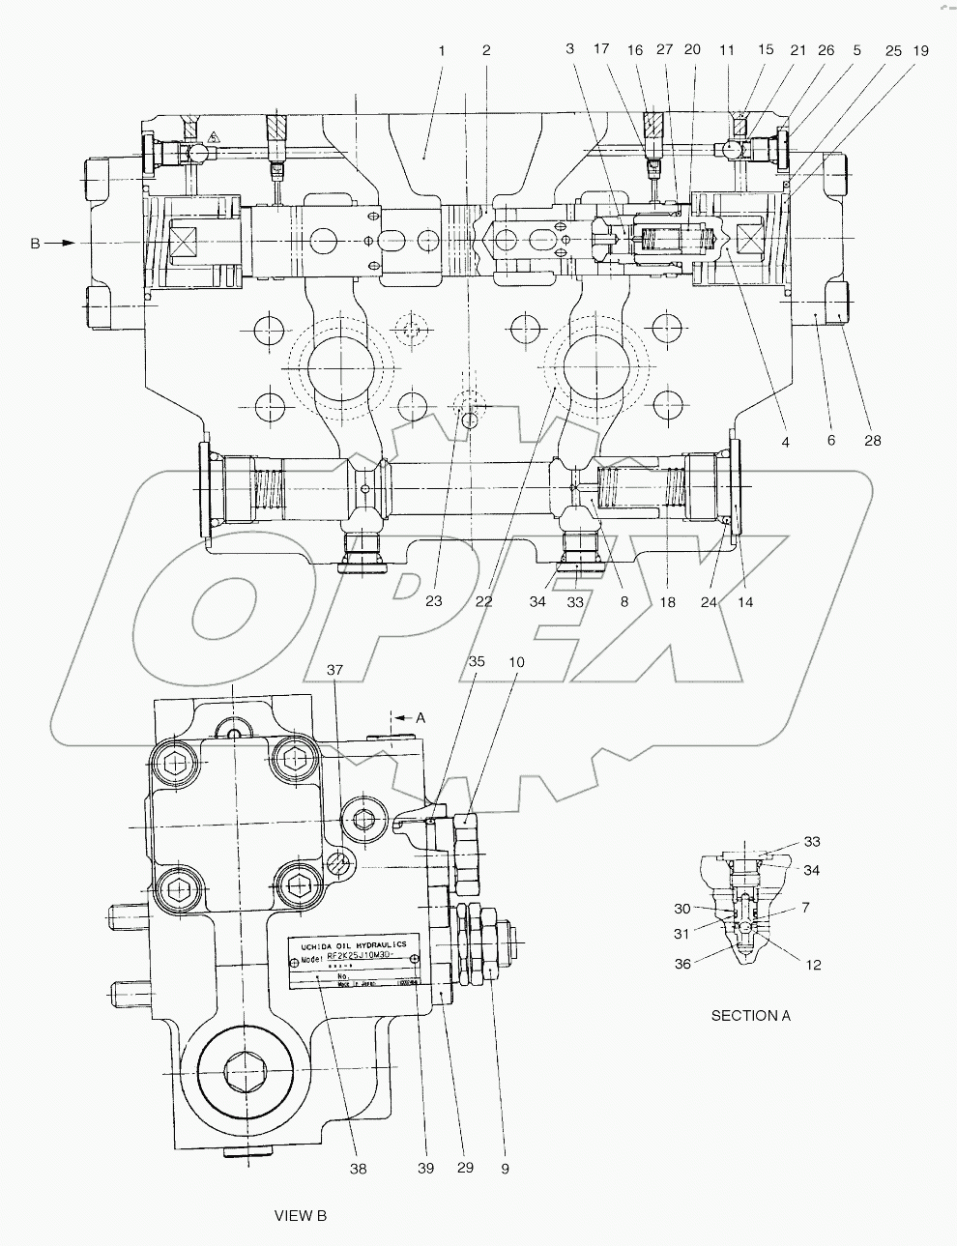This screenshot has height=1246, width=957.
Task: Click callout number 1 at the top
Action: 441,49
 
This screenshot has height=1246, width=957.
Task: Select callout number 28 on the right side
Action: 873,441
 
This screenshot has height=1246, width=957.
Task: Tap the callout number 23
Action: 433,600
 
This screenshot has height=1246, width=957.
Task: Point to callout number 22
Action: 484,600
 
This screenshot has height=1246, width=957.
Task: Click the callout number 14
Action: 744,600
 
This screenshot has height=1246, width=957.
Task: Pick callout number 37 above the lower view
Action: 334,671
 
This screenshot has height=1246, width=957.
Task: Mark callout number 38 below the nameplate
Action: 360,1168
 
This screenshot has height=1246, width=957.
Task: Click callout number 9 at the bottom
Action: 504,1168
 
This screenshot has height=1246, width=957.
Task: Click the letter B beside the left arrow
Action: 35,244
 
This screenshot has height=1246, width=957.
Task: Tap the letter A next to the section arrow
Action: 420,718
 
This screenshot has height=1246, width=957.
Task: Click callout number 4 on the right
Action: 785,442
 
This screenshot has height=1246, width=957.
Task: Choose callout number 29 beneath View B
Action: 465,1168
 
